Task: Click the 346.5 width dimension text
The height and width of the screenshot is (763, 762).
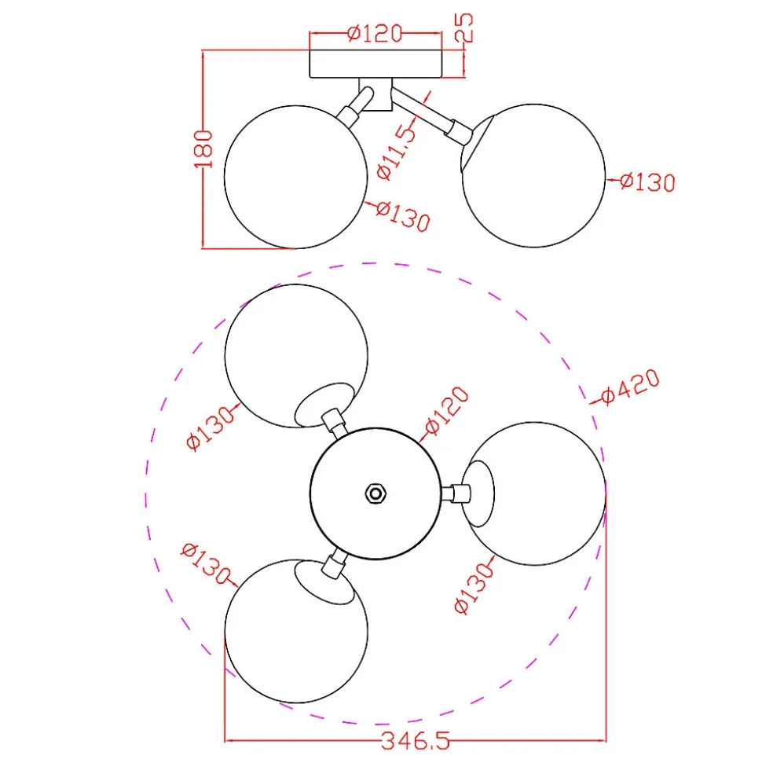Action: [x=415, y=742]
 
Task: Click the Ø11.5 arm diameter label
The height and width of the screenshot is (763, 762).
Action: [x=397, y=152]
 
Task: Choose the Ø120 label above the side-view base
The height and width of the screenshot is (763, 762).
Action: [x=376, y=33]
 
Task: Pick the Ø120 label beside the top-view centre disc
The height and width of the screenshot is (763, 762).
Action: [x=447, y=410]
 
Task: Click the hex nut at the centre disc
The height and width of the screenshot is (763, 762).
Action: [x=376, y=494]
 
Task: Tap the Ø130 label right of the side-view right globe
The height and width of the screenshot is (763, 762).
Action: [x=647, y=182]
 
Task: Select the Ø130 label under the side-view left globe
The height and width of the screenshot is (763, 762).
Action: [x=403, y=215]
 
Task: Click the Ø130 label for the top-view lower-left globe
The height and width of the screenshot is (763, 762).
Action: [x=205, y=564]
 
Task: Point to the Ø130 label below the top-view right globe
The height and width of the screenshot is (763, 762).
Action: [x=474, y=589]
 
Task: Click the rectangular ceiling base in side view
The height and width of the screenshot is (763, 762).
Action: [x=376, y=64]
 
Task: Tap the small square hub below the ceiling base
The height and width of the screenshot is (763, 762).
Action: [x=376, y=94]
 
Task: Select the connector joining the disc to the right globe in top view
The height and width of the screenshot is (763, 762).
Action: [x=456, y=494]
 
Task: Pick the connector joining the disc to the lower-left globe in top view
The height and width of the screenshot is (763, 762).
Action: [x=335, y=563]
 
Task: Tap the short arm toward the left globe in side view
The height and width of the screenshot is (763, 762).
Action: [x=355, y=106]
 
